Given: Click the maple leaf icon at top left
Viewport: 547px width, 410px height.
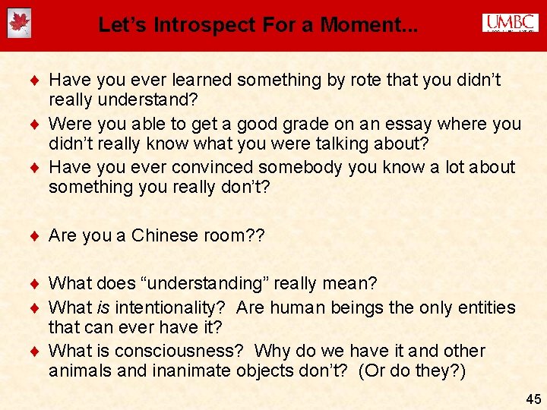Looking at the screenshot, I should click(18, 24).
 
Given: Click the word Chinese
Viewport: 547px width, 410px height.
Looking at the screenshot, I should click(163, 235).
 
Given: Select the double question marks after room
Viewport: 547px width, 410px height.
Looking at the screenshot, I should click(255, 235).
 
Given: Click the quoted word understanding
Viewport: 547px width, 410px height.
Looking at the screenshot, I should click(202, 283).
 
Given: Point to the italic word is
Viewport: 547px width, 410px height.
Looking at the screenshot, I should click(106, 307).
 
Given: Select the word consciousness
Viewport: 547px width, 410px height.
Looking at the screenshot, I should click(179, 351).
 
